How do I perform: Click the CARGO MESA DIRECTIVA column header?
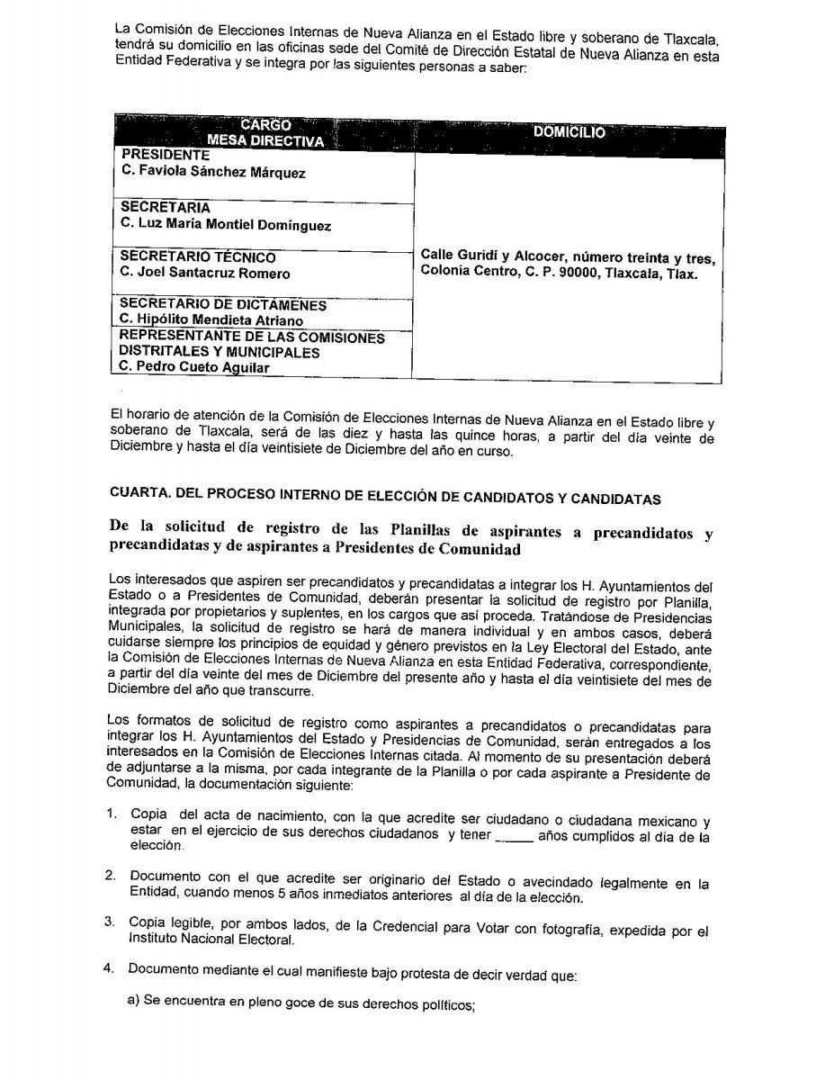pyautogui.click(x=265, y=132)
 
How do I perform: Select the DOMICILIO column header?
pyautogui.click(x=569, y=131)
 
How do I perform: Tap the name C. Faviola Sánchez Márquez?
pyautogui.click(x=212, y=173)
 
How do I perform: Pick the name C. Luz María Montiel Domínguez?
pyautogui.click(x=226, y=225)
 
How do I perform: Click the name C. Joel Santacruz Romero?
pyautogui.click(x=205, y=274)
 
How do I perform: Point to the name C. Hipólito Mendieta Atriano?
pyautogui.click(x=211, y=319)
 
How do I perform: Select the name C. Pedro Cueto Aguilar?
pyautogui.click(x=194, y=366)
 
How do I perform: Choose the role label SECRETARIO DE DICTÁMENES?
pyautogui.click(x=223, y=304)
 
